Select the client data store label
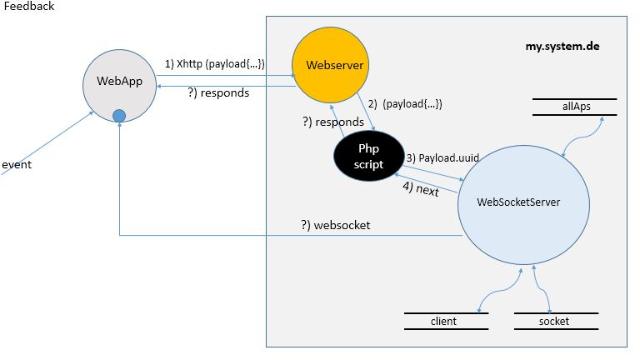tap(443, 321)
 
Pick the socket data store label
tap(554, 321)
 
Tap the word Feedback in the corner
tap(28, 7)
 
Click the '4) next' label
tap(421, 190)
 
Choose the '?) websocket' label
tap(336, 226)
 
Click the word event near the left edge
tap(17, 164)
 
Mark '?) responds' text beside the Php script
tap(332, 121)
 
